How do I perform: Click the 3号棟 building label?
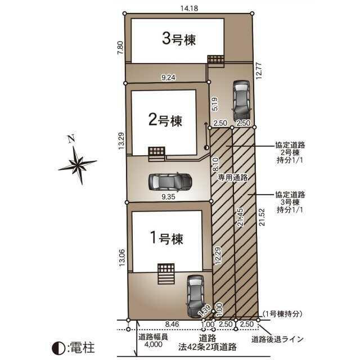coord(179,39)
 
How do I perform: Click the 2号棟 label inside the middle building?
coord(165,120)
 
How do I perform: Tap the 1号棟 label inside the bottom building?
coord(166,238)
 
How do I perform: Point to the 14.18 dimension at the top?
coord(189,8)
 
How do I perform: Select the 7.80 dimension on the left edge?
coord(121,47)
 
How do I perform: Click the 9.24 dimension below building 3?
coord(168,78)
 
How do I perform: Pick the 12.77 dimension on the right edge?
coord(259,71)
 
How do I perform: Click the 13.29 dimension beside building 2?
coord(121,141)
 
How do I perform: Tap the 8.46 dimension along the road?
coord(172,325)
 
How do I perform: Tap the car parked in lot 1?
coord(195,296)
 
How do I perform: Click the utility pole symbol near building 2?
coord(206,147)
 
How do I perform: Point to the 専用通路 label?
coord(232,177)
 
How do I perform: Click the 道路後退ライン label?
coord(277,339)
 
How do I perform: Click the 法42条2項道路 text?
coord(208,347)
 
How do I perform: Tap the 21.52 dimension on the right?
coord(262,217)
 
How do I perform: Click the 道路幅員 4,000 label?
coord(153,340)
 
